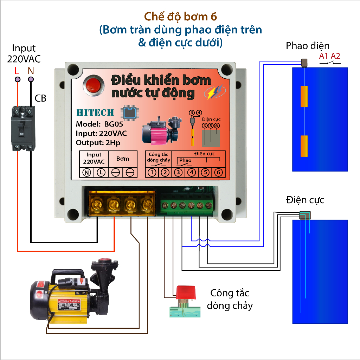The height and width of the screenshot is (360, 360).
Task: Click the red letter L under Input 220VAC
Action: coord(17,71)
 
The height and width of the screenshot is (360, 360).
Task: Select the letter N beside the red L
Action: coord(31,71)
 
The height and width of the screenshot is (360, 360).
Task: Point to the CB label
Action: coord(41,98)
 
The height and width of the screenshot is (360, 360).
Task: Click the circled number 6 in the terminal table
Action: coord(218,172)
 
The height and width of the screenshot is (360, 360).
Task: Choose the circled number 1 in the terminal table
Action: coord(152,172)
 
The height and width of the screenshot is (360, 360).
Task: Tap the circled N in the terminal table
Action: coord(86,172)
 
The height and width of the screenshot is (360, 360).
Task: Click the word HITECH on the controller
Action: coord(95,113)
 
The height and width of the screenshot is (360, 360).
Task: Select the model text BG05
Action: coord(114,124)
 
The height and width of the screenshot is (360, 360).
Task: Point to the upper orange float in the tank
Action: coord(304,97)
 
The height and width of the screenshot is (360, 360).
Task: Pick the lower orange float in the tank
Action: coord(304,146)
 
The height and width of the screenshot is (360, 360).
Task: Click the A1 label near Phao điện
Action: coord(323,56)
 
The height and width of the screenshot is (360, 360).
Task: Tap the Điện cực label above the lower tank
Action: coord(305,200)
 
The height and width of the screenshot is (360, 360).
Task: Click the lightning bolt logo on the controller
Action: coord(213,92)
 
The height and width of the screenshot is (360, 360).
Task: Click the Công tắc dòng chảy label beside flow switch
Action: coord(230,299)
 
